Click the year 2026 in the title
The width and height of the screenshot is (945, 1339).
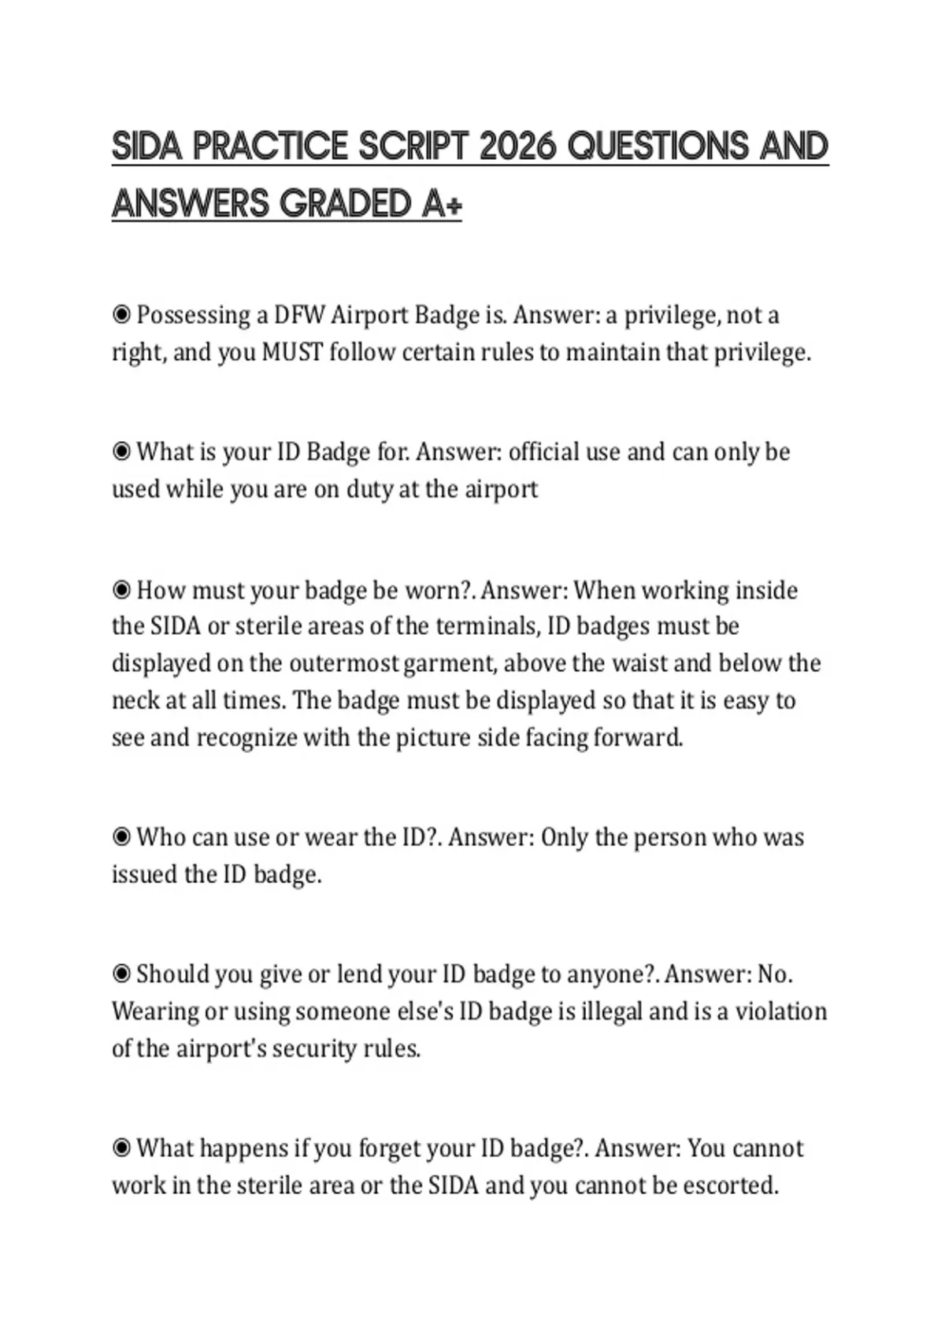click(517, 147)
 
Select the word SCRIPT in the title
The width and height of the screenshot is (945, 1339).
click(413, 147)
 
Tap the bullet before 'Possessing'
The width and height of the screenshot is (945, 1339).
click(121, 315)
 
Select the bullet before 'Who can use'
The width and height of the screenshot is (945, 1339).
click(121, 836)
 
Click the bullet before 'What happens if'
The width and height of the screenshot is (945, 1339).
click(121, 1148)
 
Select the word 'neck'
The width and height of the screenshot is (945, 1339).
click(133, 700)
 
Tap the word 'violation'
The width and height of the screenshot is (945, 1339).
click(781, 1011)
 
